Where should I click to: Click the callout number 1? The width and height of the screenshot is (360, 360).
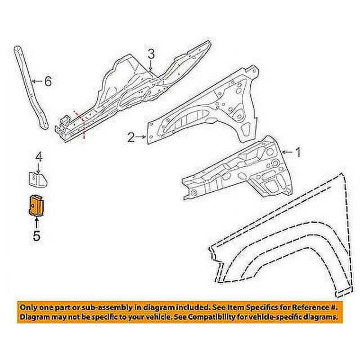point(298,152)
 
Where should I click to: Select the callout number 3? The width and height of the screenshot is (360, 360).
point(151,54)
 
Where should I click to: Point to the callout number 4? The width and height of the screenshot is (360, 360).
point(39,156)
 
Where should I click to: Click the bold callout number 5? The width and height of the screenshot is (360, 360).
point(36,237)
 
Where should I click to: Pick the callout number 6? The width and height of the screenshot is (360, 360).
point(48,82)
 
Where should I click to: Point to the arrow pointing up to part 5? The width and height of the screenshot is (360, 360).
point(36,223)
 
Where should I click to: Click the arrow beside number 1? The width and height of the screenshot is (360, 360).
point(287,152)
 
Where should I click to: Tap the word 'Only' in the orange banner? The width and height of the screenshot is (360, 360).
point(30,308)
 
